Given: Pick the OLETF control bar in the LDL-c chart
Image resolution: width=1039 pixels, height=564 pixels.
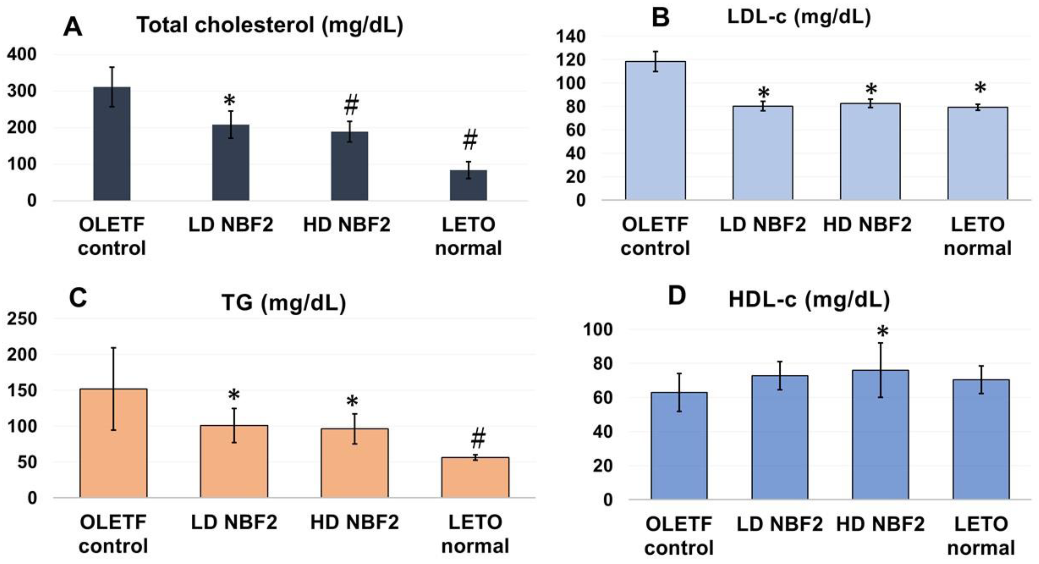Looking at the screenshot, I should (x=655, y=131).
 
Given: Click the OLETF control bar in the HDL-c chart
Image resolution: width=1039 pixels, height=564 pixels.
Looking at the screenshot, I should (x=679, y=445).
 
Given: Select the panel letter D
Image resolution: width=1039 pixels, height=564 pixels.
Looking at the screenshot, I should (x=677, y=296).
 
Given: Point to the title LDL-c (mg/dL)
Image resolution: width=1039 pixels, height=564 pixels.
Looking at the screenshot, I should (x=799, y=17).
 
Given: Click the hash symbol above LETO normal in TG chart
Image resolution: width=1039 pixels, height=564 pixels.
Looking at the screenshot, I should (x=478, y=438).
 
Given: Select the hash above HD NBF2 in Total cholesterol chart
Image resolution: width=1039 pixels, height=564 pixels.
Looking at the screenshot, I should (x=351, y=105).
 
